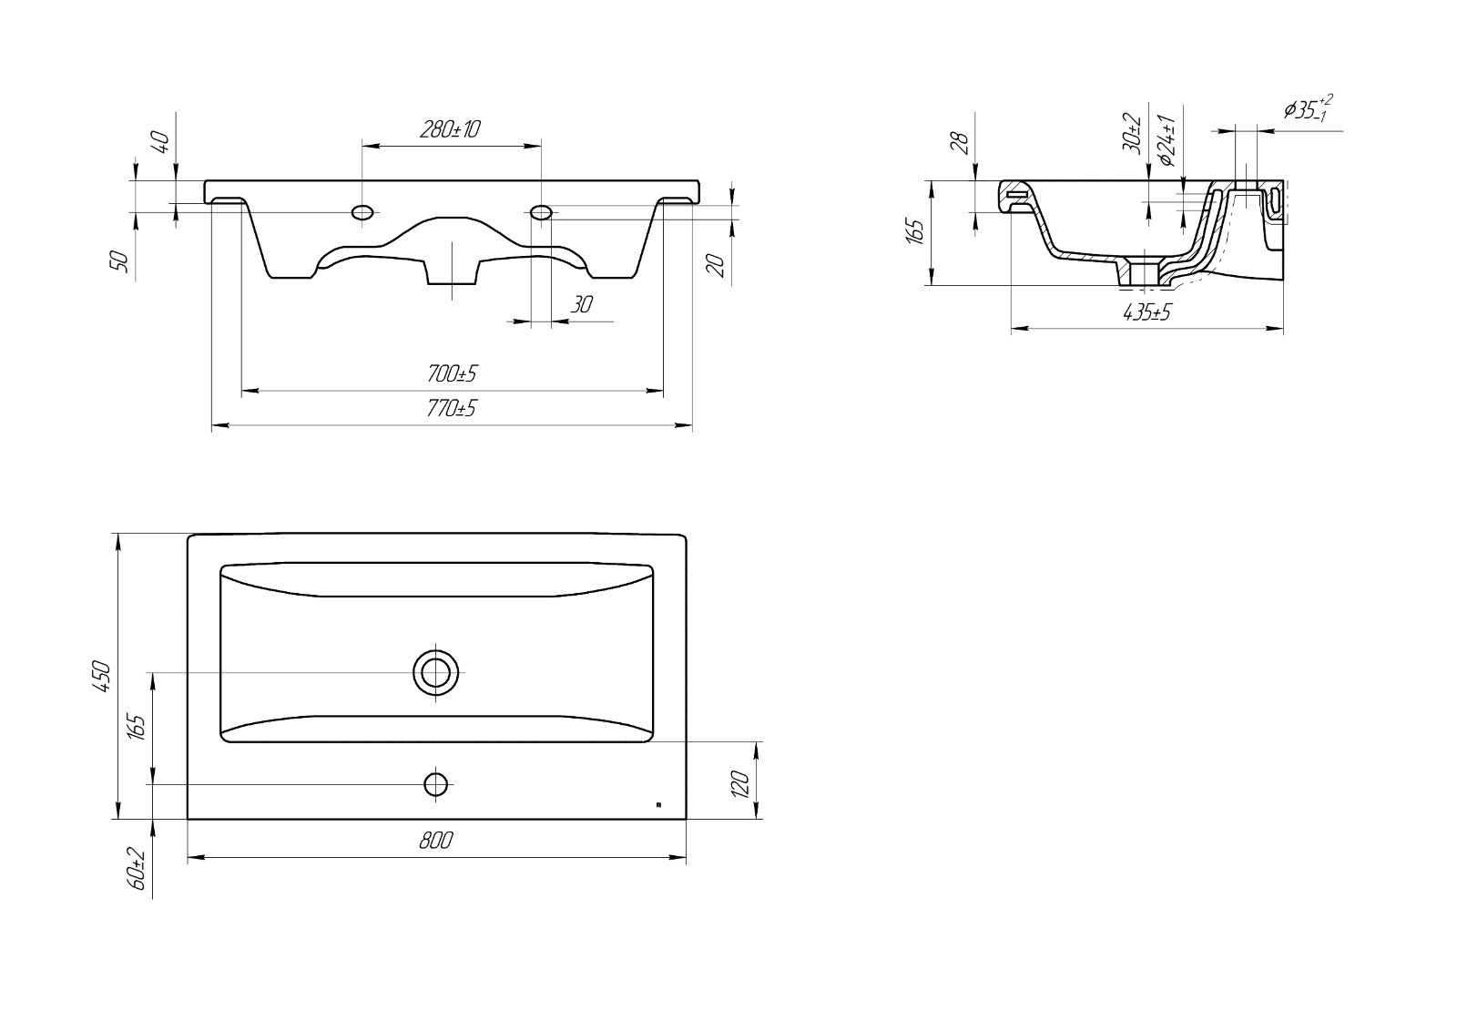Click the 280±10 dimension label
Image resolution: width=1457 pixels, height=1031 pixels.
(450, 129)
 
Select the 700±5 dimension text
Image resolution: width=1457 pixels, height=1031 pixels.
(452, 373)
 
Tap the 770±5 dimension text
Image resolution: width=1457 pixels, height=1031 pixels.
(452, 408)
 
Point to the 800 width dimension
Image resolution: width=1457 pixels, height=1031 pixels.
(436, 841)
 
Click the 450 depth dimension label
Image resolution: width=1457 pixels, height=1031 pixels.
(104, 676)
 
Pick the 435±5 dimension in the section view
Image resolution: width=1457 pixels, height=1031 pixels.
(1146, 312)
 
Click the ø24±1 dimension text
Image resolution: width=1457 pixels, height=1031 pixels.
(1167, 140)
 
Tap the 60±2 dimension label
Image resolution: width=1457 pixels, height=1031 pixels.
(138, 869)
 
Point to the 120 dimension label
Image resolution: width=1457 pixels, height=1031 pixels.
(740, 784)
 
